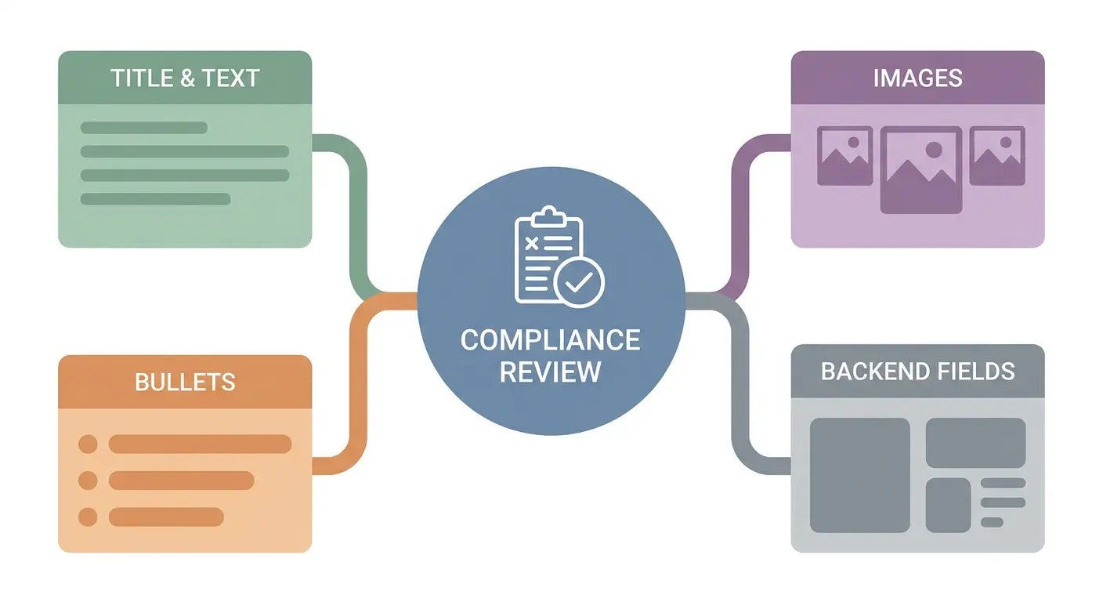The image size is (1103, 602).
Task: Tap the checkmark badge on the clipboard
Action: pos(579,283)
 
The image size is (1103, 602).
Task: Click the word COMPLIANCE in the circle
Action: pos(550,340)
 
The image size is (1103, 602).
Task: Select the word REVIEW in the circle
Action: pos(550,371)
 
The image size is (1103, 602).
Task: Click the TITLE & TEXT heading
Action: pos(185,78)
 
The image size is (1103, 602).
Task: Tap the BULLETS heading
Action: pos(185,382)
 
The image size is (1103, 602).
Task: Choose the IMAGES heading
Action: pos(917,78)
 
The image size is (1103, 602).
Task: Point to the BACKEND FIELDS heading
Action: pos(917,371)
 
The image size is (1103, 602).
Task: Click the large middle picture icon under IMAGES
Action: pos(920,169)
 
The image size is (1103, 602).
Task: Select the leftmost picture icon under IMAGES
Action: pos(844,156)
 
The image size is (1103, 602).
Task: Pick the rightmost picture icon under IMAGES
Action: pos(996,156)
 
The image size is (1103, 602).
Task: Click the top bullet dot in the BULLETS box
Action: pos(89,444)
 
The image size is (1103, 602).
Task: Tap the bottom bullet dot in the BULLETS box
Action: pos(89,517)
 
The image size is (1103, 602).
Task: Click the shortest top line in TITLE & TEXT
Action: pos(144,128)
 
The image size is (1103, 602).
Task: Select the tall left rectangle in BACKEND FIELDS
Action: pos(859,475)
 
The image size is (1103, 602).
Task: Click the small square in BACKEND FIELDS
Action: pos(948,505)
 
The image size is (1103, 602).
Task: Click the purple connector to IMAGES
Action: pos(740,212)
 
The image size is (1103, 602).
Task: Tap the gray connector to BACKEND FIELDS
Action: pos(740,384)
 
